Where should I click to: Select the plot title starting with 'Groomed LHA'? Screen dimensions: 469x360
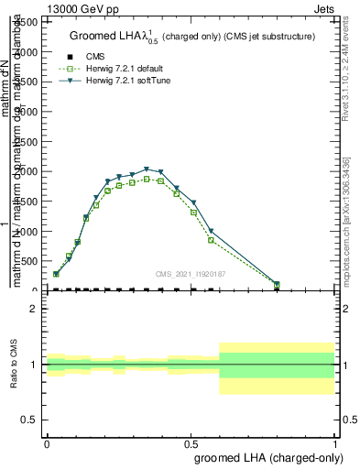pyautogui.click(x=192, y=37)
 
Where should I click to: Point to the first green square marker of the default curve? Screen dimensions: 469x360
pyautogui.click(x=57, y=274)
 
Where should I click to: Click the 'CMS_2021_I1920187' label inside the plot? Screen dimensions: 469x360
pyautogui.click(x=190, y=274)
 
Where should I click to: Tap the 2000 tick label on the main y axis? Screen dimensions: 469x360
pyautogui.click(x=27, y=171)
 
